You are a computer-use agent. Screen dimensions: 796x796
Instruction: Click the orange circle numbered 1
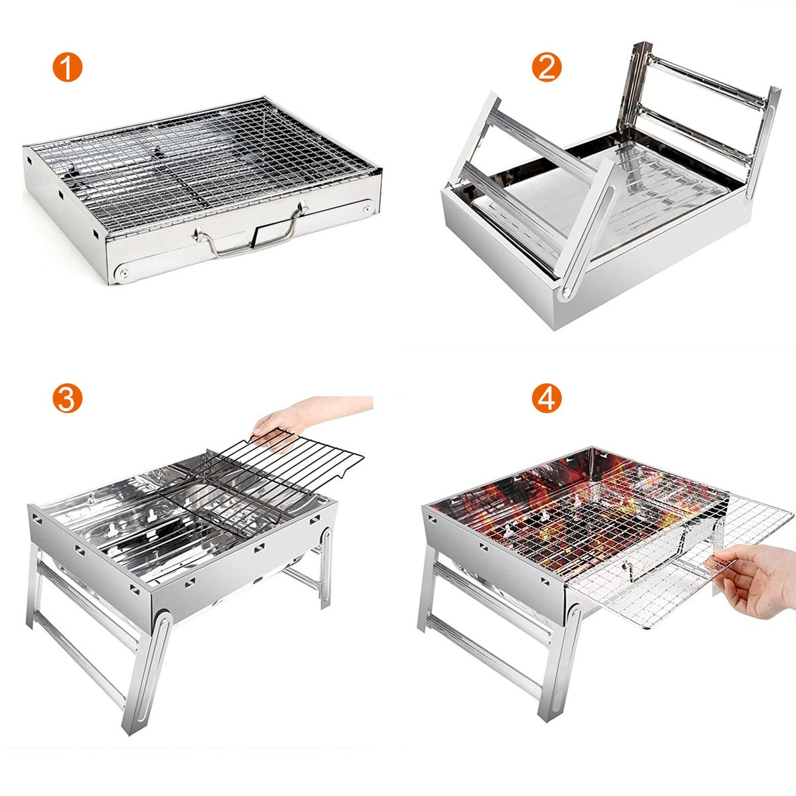tap(68, 67)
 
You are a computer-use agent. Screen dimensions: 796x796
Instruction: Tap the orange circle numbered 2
tap(547, 67)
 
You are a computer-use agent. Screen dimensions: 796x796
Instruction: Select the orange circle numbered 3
tap(68, 399)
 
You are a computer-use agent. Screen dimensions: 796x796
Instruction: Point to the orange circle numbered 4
tap(547, 399)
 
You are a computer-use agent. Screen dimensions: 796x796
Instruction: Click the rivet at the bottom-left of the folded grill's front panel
tap(123, 273)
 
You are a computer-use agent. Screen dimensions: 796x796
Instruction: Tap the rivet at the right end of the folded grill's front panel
tap(367, 209)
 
